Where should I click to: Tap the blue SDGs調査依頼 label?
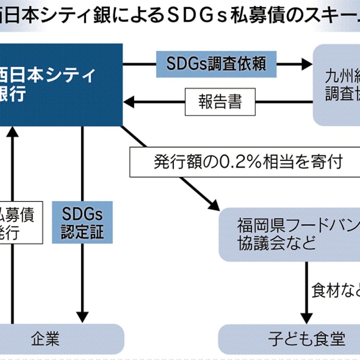(x=216, y=64)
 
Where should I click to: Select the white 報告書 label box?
(x=220, y=102)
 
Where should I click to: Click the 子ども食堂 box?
(x=290, y=339)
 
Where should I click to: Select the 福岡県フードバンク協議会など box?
(x=290, y=234)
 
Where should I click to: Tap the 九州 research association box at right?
(x=337, y=85)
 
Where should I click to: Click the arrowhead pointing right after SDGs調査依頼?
(x=305, y=64)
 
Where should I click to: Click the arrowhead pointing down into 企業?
(x=82, y=317)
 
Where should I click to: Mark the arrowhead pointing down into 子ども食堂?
(x=307, y=317)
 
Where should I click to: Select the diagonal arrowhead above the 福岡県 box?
(x=213, y=203)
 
